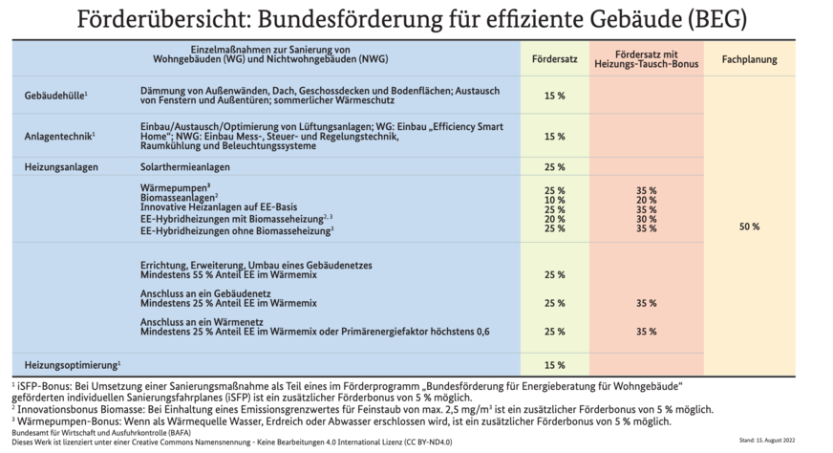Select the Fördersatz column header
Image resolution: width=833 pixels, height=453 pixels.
(x=554, y=59)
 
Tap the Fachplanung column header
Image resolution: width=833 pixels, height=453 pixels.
(x=749, y=59)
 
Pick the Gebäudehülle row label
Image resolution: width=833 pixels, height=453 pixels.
(x=56, y=95)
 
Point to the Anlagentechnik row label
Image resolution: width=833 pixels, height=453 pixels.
(x=60, y=136)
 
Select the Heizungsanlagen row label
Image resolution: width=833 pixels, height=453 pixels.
(x=61, y=166)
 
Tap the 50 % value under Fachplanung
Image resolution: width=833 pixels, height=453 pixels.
(x=749, y=226)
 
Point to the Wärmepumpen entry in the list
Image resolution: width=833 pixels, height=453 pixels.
(x=175, y=188)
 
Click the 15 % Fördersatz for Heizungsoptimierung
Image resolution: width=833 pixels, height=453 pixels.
(x=554, y=364)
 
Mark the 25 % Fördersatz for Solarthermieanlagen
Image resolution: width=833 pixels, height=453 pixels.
(x=554, y=166)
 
